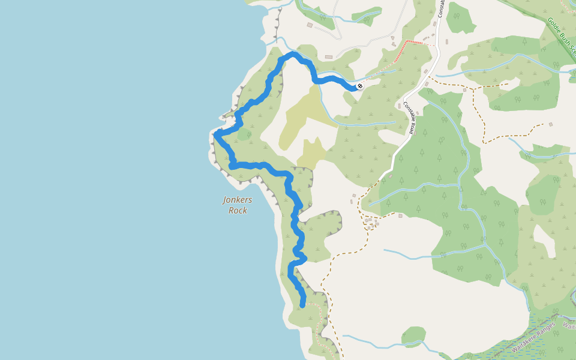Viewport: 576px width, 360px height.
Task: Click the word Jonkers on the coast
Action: (238, 200)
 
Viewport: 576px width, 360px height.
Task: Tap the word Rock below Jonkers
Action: (238, 211)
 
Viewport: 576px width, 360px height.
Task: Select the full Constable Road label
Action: (409, 118)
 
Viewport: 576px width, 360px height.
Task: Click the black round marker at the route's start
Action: (360, 86)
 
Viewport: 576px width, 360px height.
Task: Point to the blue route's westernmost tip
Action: (215, 135)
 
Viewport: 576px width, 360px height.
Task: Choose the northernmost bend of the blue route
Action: (293, 54)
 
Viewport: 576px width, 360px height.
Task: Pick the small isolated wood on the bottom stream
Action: (413, 336)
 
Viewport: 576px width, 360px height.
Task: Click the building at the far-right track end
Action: (550, 125)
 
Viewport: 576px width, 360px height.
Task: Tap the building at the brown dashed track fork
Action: (464, 90)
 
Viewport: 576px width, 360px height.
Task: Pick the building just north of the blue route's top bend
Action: (329, 57)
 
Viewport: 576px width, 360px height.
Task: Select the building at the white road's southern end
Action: (390, 176)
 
